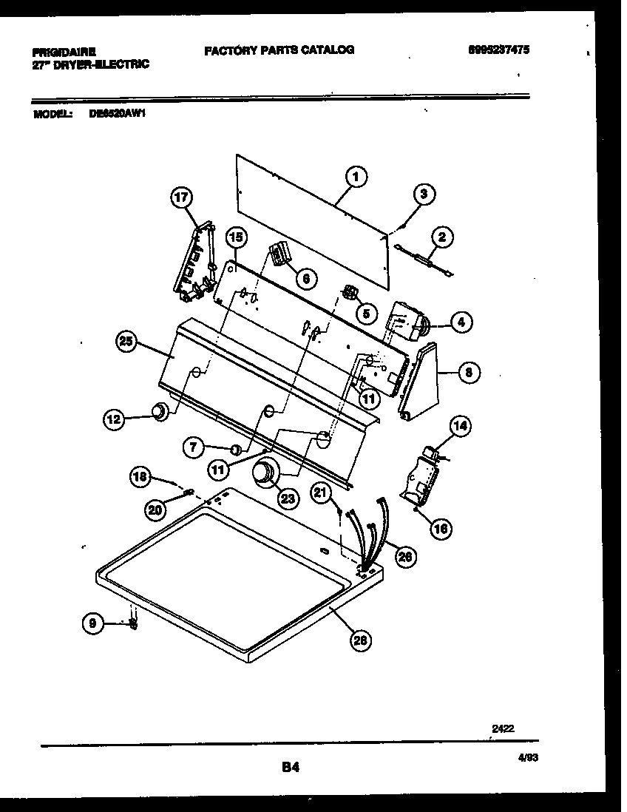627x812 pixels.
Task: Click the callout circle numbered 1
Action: pos(356,177)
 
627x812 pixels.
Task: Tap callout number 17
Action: pos(181,197)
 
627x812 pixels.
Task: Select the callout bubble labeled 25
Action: pos(127,341)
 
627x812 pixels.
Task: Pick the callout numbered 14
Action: pos(460,426)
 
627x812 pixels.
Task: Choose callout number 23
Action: pos(288,498)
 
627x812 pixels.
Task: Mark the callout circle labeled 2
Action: pos(441,238)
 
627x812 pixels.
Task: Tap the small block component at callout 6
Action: pos(279,255)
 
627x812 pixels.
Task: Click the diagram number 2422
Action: pos(503,728)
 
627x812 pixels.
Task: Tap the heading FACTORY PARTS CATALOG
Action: pos(279,50)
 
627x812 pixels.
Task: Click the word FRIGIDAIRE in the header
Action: pos(64,53)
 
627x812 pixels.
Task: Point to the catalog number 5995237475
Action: pos(499,50)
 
